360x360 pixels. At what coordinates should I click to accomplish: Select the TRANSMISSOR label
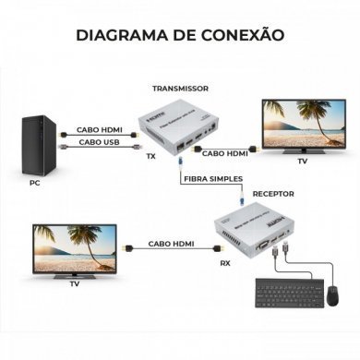pos(180,88)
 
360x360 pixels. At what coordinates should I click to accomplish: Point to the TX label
pos(150,156)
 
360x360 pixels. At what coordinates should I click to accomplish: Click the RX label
pos(225,263)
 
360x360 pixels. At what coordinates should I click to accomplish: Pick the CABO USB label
pos(98,142)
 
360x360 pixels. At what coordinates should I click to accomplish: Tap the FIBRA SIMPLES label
pos(211,179)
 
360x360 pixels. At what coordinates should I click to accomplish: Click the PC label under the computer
pos(34,184)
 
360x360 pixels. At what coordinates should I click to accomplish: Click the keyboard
pos(276,297)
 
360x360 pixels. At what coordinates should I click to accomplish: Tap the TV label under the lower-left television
pos(75,285)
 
